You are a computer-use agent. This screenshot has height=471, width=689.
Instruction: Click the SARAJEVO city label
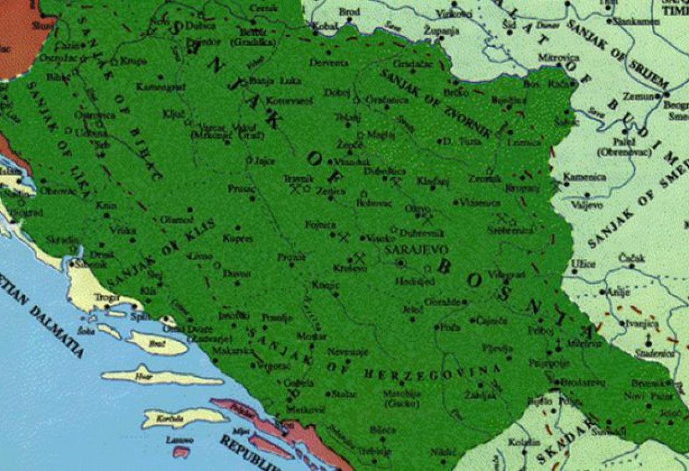pyautogui.click(x=416, y=250)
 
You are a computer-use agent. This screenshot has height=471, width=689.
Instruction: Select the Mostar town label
pyautogui.click(x=312, y=336)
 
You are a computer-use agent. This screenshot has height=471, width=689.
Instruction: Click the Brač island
pyautogui.click(x=157, y=343)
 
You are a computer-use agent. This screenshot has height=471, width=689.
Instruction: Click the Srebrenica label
pyautogui.click(x=509, y=230)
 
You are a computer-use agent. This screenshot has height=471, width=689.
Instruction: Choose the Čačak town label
pyautogui.click(x=632, y=258)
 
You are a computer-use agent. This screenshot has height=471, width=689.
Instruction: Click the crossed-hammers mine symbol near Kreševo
pyautogui.click(x=358, y=257)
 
